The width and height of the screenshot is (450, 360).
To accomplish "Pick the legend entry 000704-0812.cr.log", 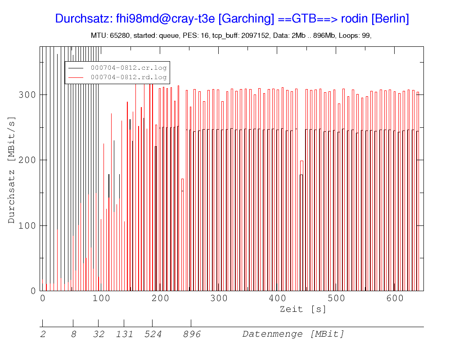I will (129, 68).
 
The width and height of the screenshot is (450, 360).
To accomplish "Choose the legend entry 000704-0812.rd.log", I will (129, 77).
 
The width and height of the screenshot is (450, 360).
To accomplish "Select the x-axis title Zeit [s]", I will (303, 309).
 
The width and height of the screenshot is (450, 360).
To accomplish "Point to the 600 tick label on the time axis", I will (394, 298).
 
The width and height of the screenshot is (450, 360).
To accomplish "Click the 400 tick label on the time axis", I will (277, 298).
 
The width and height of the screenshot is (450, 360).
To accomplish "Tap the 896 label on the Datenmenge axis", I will (192, 334).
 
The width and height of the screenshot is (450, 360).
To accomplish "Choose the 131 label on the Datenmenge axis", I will (124, 334).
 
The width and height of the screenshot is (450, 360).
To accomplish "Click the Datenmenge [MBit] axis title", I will (293, 334).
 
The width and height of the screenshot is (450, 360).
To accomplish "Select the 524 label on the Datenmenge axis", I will (153, 334).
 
